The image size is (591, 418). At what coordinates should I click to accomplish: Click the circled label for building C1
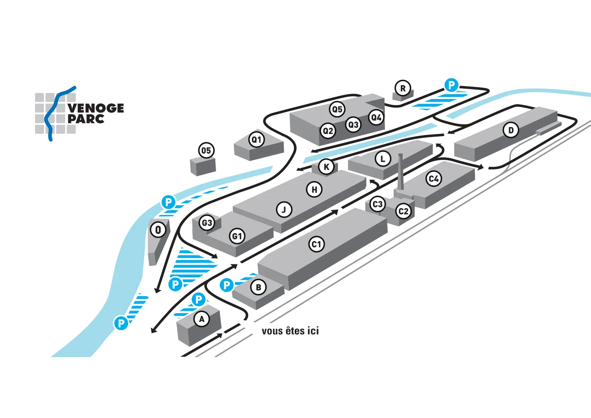click(x=316, y=244)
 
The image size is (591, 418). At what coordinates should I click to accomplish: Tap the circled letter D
click(x=511, y=130)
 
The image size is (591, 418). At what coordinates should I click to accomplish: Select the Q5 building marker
click(x=337, y=109)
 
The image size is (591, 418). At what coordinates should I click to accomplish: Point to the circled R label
click(x=403, y=88)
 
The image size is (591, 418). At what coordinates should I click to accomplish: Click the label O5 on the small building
click(x=206, y=151)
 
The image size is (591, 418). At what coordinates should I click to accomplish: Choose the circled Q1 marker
click(x=256, y=140)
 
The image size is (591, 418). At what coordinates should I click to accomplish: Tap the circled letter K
click(x=327, y=167)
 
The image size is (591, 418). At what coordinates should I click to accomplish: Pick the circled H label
click(x=314, y=189)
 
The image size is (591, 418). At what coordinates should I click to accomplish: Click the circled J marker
click(x=284, y=210)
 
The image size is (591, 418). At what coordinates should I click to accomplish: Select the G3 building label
click(x=207, y=223)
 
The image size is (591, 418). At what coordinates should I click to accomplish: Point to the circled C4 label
click(x=434, y=179)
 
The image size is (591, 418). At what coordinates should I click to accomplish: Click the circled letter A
click(x=202, y=319)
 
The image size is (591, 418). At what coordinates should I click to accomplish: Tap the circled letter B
click(x=259, y=287)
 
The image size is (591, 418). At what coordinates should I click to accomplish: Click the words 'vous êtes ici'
click(x=290, y=331)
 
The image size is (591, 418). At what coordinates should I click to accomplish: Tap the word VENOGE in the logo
click(x=96, y=108)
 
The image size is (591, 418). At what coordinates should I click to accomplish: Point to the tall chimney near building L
click(x=400, y=171)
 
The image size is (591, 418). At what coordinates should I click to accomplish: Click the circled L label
click(x=383, y=159)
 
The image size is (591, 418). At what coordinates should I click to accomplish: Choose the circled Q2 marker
click(x=328, y=131)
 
